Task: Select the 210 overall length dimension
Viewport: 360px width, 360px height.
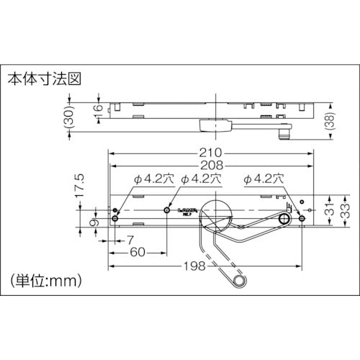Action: (x=210, y=153)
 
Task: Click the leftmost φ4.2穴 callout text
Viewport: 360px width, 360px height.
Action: (x=146, y=179)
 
